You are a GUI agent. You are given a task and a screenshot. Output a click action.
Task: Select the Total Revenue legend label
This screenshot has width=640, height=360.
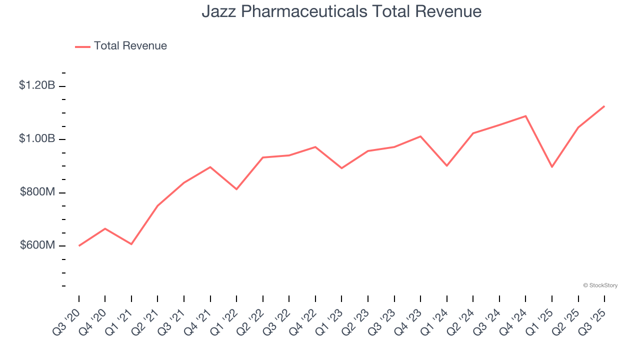[x=130, y=46]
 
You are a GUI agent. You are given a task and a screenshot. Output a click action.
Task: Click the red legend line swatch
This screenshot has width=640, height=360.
[x=82, y=46]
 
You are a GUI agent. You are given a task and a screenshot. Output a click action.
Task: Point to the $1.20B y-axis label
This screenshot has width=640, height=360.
[x=37, y=85]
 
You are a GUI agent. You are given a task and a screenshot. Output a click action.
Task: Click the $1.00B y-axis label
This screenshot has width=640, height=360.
[x=37, y=138]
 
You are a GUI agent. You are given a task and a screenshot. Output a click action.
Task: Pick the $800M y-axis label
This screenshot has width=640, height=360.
[x=37, y=192]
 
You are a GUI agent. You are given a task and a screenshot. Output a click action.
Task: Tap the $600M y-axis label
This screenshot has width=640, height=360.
[x=37, y=245]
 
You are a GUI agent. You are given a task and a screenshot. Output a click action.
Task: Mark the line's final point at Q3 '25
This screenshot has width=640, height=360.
[x=604, y=106]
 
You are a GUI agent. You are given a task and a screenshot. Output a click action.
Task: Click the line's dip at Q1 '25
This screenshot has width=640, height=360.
[x=552, y=167]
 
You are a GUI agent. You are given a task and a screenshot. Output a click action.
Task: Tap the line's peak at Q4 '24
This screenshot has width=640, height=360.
[x=525, y=116]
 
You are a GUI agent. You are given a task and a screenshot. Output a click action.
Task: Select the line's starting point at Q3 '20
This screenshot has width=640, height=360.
[x=79, y=245]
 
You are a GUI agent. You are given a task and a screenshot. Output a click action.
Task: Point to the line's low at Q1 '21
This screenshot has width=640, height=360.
[x=131, y=244]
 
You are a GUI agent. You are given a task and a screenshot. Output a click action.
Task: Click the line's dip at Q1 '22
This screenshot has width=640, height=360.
[x=236, y=189]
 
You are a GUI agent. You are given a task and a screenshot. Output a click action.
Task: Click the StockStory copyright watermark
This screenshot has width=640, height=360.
[x=600, y=285]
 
